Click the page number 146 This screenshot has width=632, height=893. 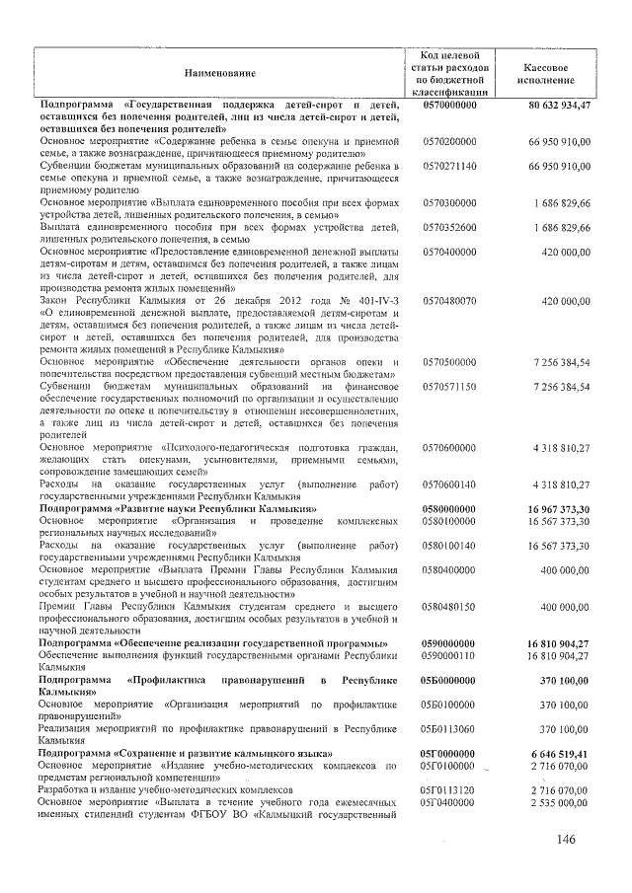pos(564,840)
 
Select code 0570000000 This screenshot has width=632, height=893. pos(449,105)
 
